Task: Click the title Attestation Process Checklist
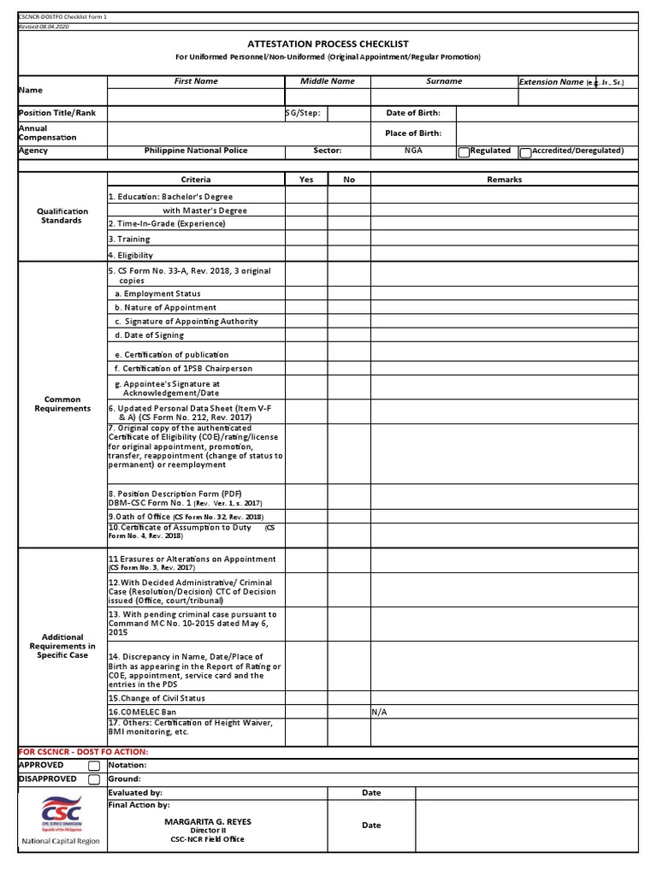point(328,44)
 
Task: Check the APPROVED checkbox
point(94,766)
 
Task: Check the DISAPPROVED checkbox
point(94,779)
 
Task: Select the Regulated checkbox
point(464,152)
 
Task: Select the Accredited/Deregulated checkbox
point(525,152)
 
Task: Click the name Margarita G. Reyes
point(208,821)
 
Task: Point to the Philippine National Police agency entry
point(196,151)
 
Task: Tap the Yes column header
point(306,180)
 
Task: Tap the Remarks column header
point(504,180)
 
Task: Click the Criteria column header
point(196,180)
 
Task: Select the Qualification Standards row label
point(62,216)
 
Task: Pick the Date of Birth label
point(413,113)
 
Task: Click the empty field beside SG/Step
point(349,113)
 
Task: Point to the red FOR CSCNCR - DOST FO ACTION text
point(83,751)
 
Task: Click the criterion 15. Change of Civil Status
point(157,698)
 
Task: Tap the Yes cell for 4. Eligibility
point(306,255)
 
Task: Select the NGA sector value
point(413,151)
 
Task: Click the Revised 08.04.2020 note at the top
point(44,27)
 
